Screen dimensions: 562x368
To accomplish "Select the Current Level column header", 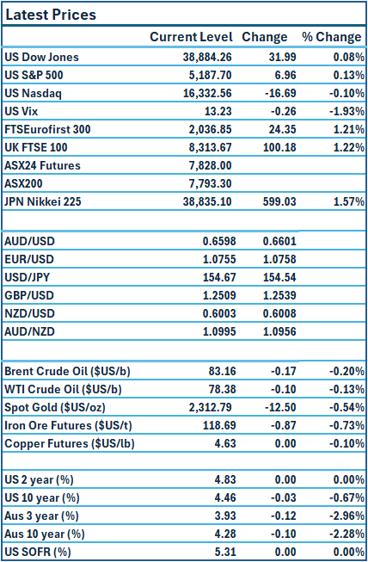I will pyautogui.click(x=191, y=37).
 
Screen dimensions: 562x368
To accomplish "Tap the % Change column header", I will pyautogui.click(x=331, y=37).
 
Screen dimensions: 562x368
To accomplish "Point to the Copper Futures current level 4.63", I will pyautogui.click(x=220, y=444).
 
